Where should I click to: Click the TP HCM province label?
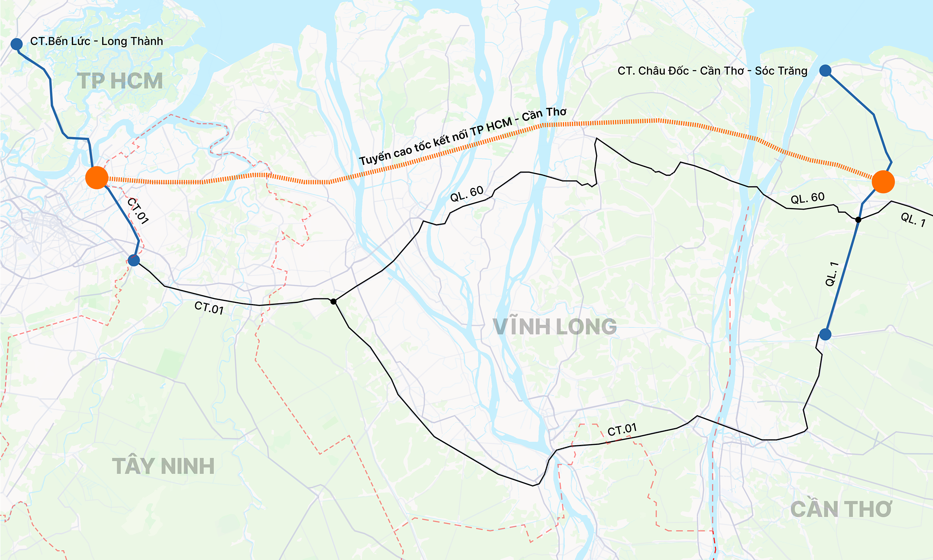(x=120, y=81)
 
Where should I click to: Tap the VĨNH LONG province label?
(x=555, y=326)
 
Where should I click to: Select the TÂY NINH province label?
(x=163, y=466)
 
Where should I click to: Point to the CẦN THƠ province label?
(x=841, y=509)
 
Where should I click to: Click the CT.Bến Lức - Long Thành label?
(x=96, y=41)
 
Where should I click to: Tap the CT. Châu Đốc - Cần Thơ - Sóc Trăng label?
(x=712, y=71)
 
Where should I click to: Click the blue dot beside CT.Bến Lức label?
(x=16, y=44)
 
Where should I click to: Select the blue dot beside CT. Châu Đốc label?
(x=825, y=70)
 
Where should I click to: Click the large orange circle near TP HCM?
(x=97, y=178)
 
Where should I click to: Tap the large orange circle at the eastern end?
(x=883, y=182)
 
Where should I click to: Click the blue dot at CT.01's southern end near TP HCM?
(x=134, y=260)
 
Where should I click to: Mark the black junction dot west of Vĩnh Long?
(x=333, y=301)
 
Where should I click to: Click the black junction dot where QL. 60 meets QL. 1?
(x=858, y=220)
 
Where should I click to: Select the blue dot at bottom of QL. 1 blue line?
(x=825, y=334)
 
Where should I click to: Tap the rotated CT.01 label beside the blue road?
(x=138, y=211)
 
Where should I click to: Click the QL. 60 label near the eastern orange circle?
(x=807, y=198)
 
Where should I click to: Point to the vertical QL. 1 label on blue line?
(x=832, y=274)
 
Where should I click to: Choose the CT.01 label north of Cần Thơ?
(x=622, y=430)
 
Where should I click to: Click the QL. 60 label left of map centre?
(x=466, y=194)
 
